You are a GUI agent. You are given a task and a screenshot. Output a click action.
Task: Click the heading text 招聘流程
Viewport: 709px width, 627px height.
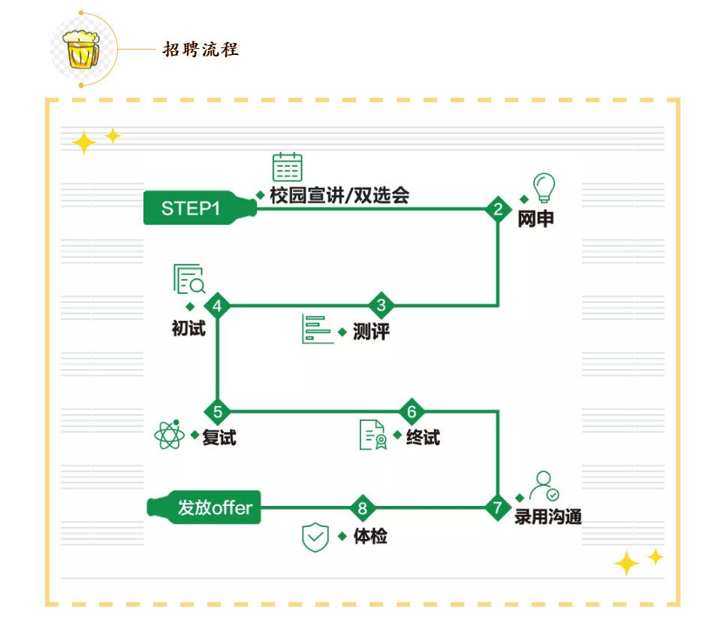201,50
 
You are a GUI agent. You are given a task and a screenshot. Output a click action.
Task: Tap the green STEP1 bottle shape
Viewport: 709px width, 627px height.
198,208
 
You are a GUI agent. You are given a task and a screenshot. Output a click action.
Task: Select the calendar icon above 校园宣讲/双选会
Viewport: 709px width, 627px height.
287,167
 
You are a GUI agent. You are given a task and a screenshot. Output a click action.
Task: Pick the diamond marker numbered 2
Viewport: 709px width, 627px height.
497,209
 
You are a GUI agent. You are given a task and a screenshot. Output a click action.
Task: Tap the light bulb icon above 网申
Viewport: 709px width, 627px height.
543,185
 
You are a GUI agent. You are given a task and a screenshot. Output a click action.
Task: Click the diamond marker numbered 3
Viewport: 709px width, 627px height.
382,305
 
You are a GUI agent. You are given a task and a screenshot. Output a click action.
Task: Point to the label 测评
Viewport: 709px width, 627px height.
371,332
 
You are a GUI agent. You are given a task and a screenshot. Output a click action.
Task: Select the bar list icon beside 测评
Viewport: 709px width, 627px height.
317,329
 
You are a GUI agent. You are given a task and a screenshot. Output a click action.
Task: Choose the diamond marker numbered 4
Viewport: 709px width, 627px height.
217,305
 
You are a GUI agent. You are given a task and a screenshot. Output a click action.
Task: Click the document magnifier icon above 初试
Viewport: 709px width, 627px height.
189,279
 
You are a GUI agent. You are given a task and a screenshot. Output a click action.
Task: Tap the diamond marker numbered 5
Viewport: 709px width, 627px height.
218,411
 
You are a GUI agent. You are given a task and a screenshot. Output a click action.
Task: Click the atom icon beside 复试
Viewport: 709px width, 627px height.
168,435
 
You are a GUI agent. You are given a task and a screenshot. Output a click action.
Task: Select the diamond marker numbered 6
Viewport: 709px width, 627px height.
412,411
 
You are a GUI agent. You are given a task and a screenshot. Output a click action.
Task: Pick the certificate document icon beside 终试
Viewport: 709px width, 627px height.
373,435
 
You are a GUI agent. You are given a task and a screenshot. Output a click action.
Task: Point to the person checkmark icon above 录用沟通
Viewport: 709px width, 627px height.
543,486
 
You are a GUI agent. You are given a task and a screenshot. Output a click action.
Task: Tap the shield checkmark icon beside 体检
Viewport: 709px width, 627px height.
315,537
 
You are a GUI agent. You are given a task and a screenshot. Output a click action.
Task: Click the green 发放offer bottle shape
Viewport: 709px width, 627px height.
204,507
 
